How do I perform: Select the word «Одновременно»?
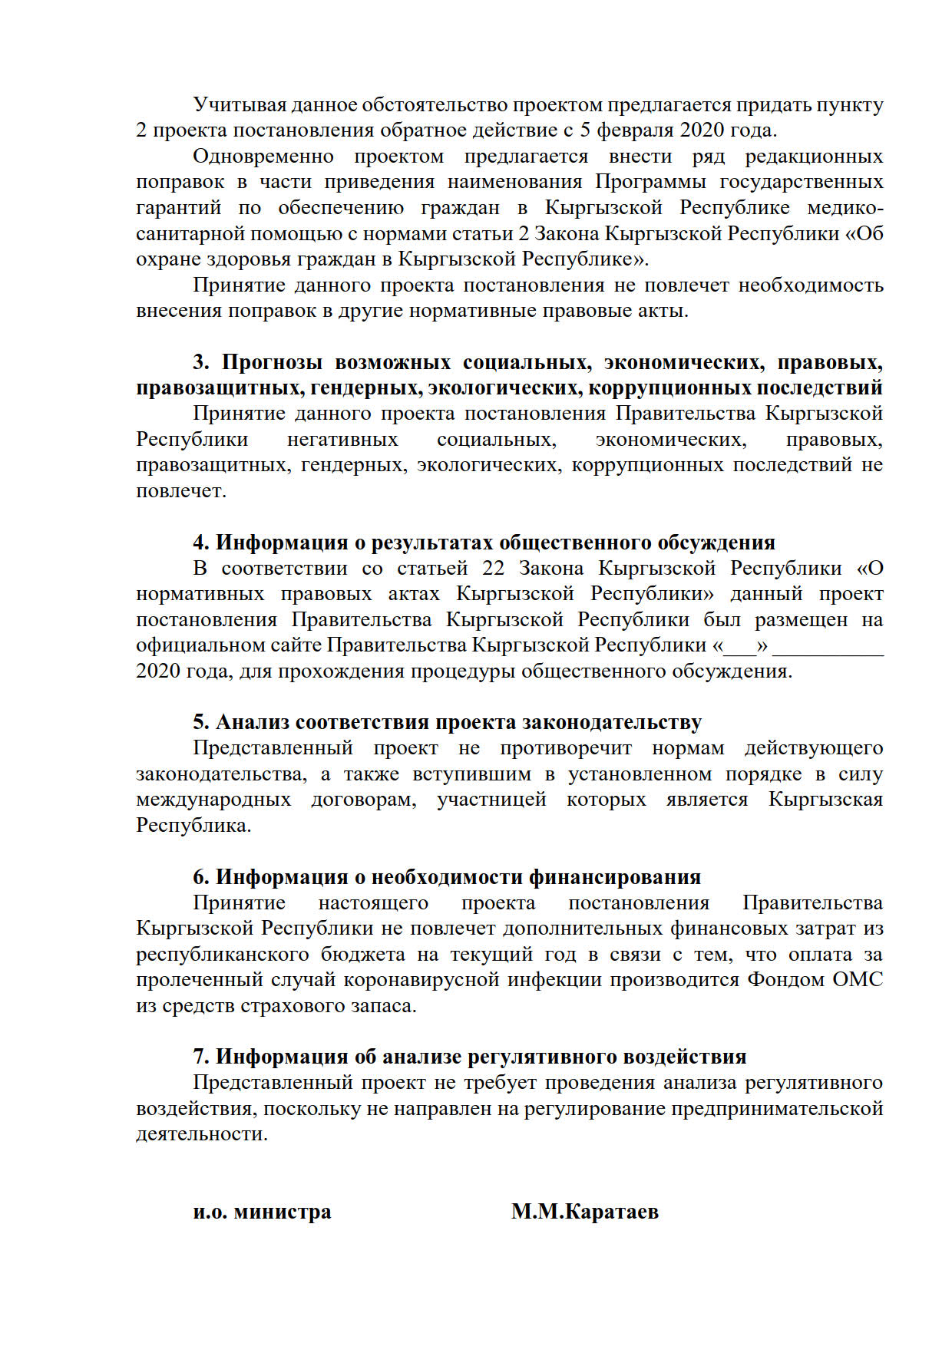pos(263,157)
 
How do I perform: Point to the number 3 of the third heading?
pos(200,362)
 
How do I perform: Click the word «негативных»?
pos(342,440)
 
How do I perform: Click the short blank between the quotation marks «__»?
pos(740,646)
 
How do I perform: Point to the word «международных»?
pos(213,800)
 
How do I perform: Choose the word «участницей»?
pos(491,800)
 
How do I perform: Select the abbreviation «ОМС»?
pos(857,980)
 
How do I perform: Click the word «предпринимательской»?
pos(777,1109)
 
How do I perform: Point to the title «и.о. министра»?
pos(262,1212)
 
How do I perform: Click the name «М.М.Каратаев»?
pos(584,1212)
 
